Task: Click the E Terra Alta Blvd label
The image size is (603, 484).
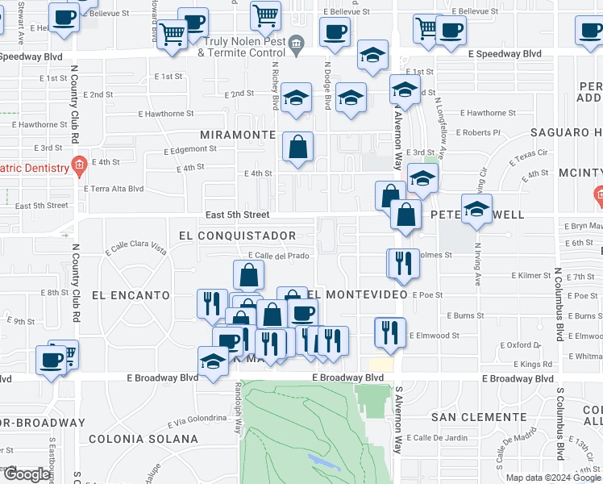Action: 114,189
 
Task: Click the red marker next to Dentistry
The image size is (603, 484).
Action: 78,168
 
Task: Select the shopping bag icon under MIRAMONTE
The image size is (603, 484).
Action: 297,147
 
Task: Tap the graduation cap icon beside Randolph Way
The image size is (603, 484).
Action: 213,361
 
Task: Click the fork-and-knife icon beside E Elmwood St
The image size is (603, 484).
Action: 390,332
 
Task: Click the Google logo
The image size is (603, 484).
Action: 27,474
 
